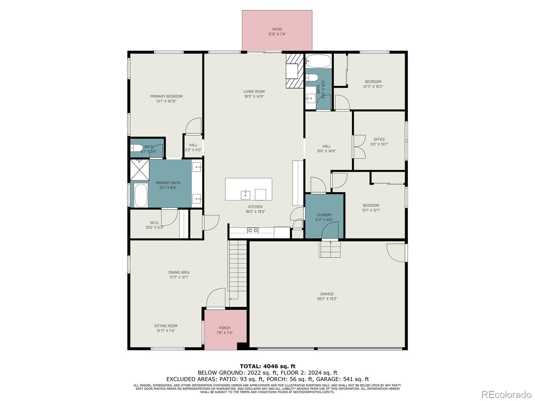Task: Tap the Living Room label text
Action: [x=254, y=92]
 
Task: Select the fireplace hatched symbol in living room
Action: [x=294, y=71]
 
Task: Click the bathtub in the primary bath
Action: [x=141, y=195]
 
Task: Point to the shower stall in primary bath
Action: [x=139, y=170]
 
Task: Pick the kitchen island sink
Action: [x=245, y=194]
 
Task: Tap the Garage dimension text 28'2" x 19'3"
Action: [x=327, y=299]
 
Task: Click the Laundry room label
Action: [x=324, y=215]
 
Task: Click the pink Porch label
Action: [x=225, y=328]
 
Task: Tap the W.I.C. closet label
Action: [x=154, y=223]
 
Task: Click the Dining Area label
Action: [x=179, y=272]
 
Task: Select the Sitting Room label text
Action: [x=166, y=326]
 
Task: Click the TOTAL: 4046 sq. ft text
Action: [x=267, y=366]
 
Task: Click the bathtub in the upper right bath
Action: [x=318, y=61]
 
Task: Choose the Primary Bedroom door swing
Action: [x=194, y=126]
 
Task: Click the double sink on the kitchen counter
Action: [x=252, y=230]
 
